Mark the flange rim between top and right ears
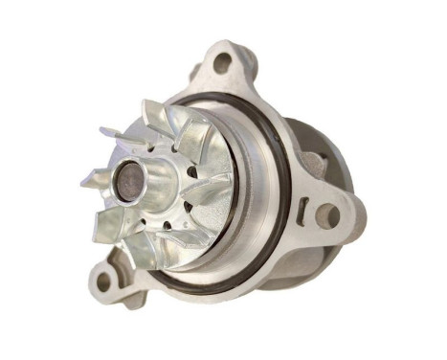coord(278,115)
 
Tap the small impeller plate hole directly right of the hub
coord(190,172)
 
